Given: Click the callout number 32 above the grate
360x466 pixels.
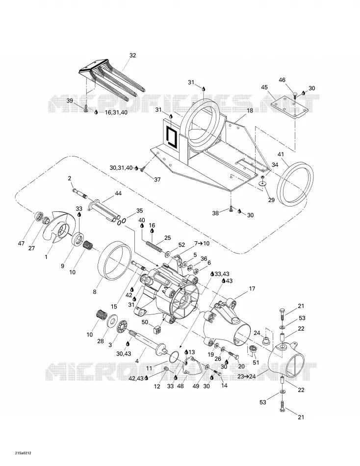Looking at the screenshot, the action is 132,55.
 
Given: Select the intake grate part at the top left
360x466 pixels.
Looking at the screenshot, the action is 112,76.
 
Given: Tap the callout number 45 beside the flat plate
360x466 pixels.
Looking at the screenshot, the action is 264,87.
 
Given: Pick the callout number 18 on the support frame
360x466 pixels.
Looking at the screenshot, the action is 250,110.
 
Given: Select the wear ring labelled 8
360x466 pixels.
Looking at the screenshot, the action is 114,260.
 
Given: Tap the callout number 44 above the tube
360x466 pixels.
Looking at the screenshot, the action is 118,193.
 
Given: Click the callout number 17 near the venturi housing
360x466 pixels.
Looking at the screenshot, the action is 252,288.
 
